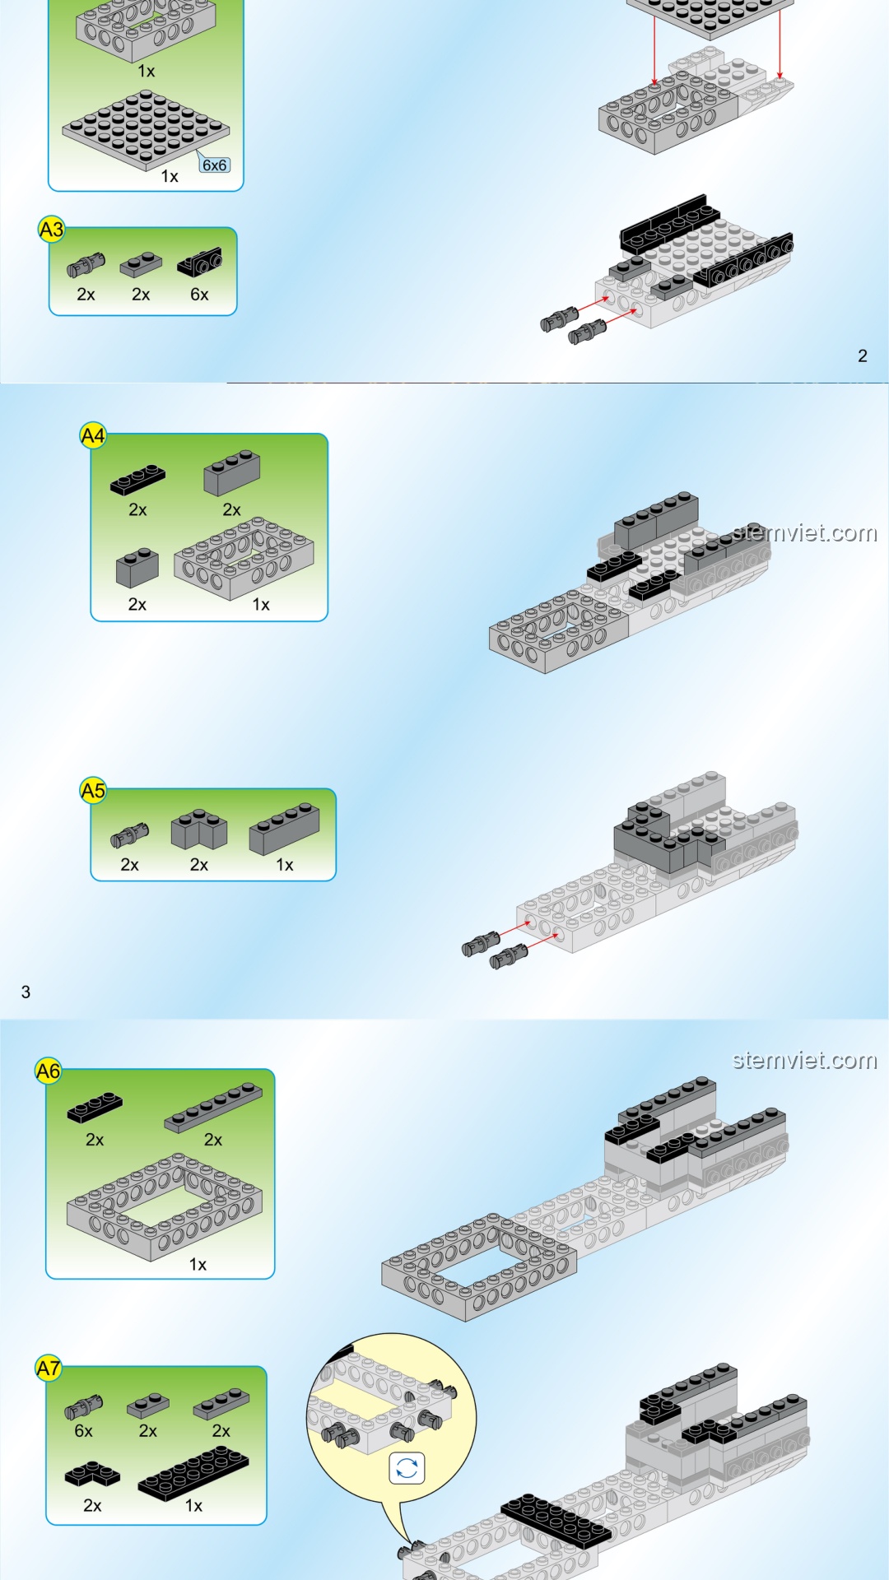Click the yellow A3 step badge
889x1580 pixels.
[51, 230]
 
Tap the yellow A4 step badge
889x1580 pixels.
[93, 435]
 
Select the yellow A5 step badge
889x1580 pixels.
[93, 791]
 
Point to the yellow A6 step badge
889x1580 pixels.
[48, 1071]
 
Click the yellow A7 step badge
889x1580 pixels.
[48, 1368]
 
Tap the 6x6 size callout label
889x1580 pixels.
[214, 165]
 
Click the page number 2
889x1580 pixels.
[863, 355]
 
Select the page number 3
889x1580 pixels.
[26, 992]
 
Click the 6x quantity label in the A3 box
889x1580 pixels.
[199, 295]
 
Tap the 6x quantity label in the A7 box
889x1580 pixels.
[83, 1431]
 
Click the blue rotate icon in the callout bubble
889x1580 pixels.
[407, 1468]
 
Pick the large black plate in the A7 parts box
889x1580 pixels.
[193, 1472]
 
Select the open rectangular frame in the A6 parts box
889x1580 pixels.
[165, 1207]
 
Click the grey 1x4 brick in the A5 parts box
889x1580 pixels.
[285, 828]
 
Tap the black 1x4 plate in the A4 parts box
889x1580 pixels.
[137, 479]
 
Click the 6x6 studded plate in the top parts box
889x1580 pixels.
[146, 130]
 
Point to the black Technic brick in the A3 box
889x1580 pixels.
[199, 263]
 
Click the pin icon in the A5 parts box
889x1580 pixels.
[130, 835]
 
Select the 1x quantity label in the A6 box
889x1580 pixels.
[198, 1264]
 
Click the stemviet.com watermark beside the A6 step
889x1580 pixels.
[804, 1060]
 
